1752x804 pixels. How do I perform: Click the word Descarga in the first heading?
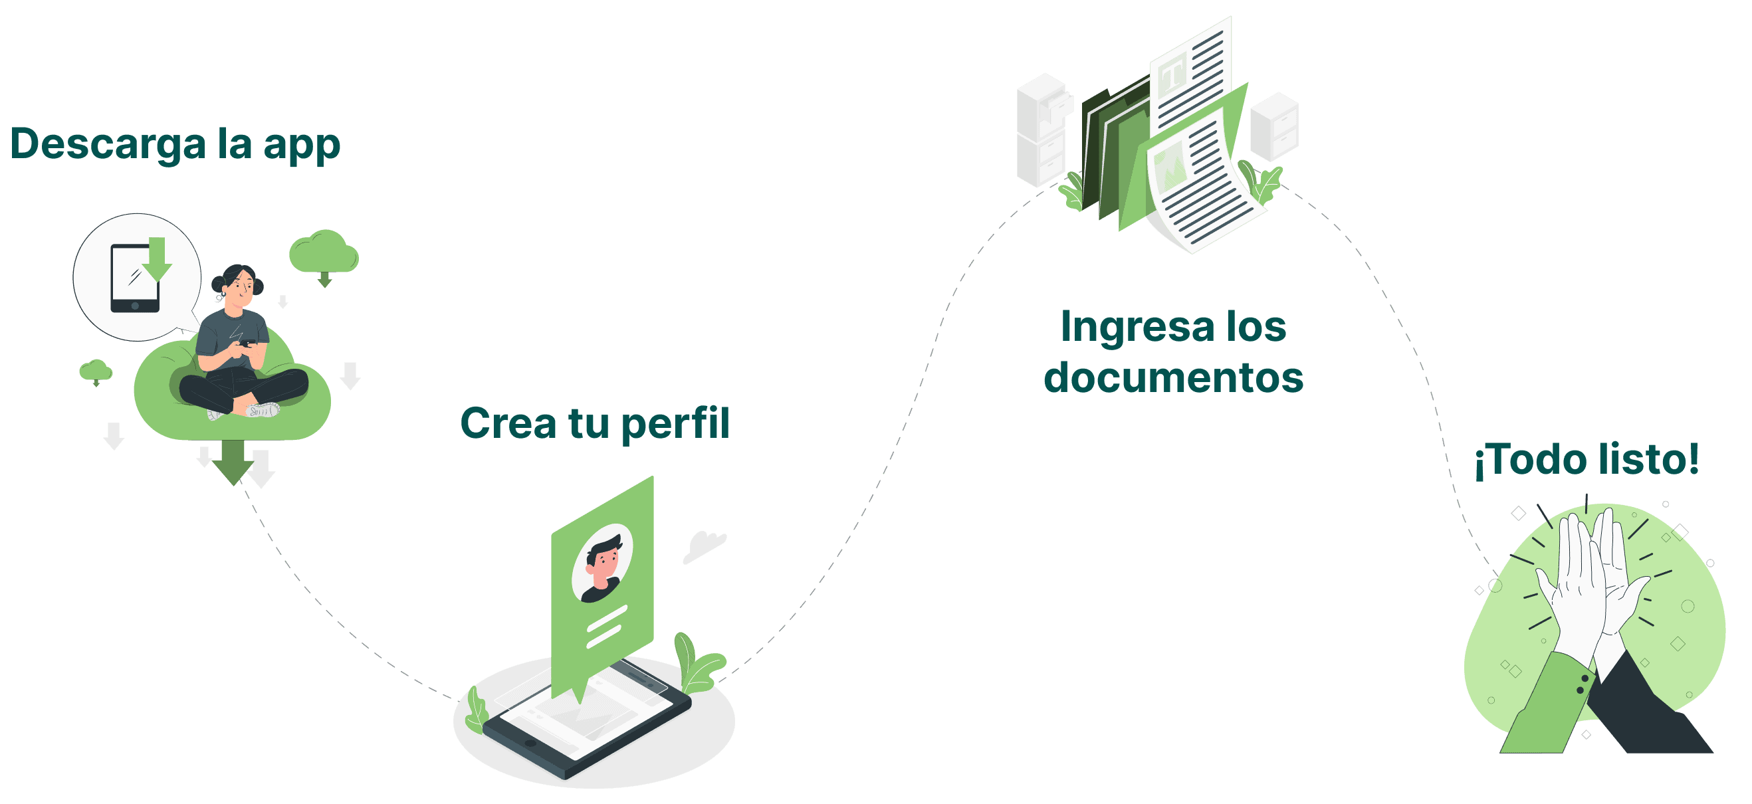tap(108, 145)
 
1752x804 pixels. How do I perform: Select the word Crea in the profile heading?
tap(507, 423)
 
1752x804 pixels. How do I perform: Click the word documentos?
tap(1173, 377)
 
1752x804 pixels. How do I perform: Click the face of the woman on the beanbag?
tap(239, 289)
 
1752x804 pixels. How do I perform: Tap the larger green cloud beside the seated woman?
tap(324, 253)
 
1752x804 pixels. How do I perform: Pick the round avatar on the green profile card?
tap(602, 563)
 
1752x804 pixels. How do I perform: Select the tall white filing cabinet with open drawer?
tap(1041, 130)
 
